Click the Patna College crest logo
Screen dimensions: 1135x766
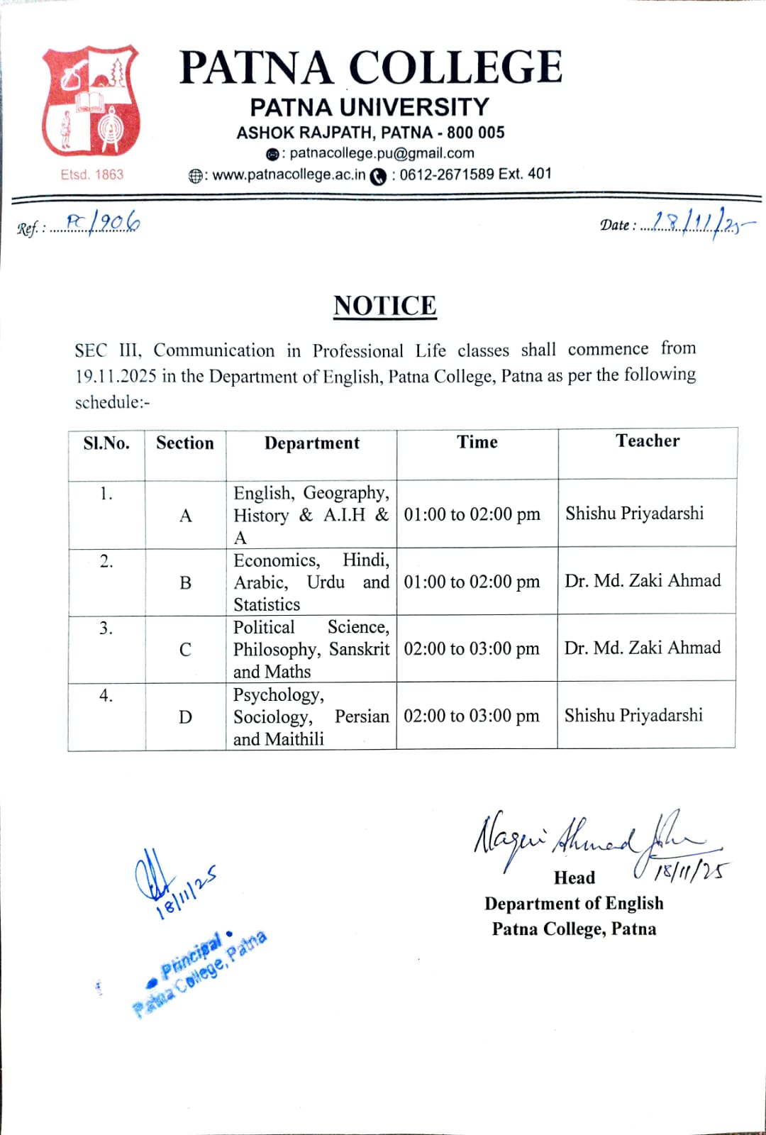coord(91,101)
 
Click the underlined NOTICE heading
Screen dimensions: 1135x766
coord(385,306)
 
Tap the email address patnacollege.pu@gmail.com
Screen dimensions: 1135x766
coord(382,153)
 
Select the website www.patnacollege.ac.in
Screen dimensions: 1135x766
coord(289,175)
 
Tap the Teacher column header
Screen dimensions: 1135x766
coord(648,441)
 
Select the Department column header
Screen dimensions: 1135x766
coord(312,443)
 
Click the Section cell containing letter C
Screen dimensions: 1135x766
coord(185,650)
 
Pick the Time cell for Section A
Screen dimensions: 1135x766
coord(472,514)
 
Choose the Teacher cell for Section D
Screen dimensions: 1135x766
coord(633,715)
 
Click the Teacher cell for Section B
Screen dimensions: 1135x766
coord(643,581)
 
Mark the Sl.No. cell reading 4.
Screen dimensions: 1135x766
coord(106,696)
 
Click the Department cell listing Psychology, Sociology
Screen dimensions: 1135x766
coord(311,716)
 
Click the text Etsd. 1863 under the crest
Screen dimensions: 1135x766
coord(92,175)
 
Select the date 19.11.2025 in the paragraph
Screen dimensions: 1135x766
coord(116,376)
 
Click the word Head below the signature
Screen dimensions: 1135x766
coord(574,878)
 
